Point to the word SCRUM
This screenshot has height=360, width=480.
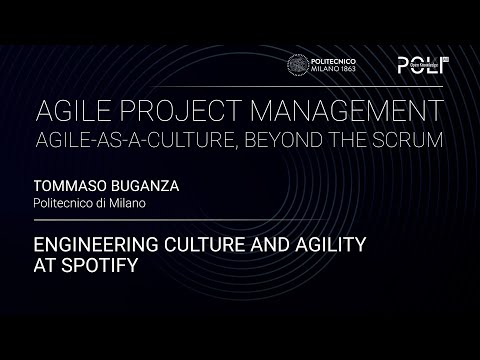coord(407,137)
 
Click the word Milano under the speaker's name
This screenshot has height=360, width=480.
coord(129,203)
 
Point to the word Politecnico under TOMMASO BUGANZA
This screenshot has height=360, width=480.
coord(67,203)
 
